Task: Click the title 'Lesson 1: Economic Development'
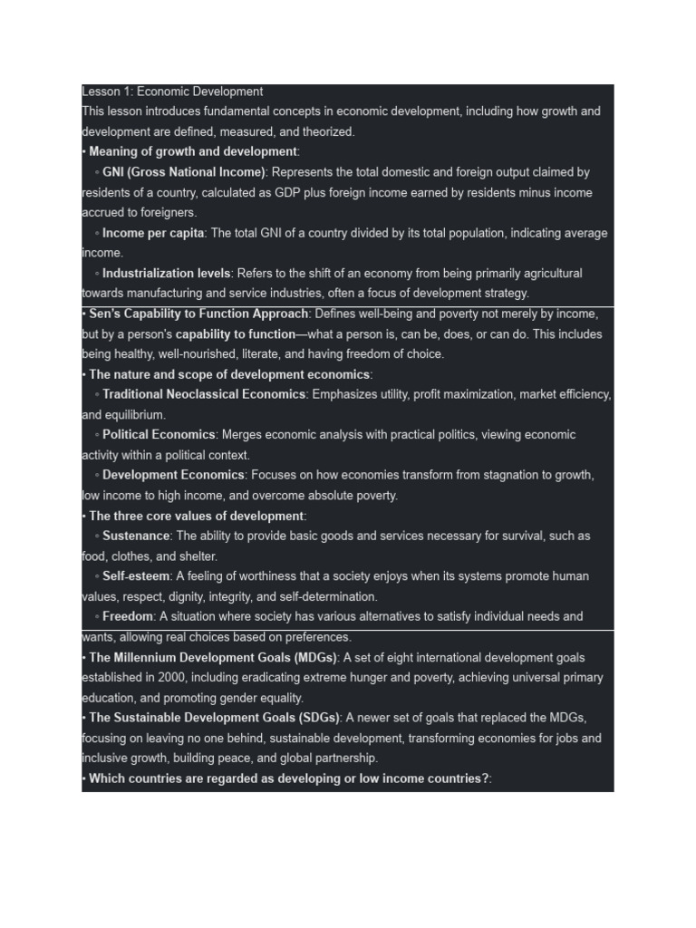(172, 92)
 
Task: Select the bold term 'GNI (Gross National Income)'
(184, 172)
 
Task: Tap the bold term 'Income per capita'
(154, 233)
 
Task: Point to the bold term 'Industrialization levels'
(167, 273)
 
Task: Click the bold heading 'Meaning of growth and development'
(193, 151)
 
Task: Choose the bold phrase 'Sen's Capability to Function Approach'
(198, 314)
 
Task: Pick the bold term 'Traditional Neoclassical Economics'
(204, 394)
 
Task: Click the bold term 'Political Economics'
(159, 435)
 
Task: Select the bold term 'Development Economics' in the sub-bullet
(173, 475)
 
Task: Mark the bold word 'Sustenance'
(136, 536)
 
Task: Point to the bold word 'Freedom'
(128, 616)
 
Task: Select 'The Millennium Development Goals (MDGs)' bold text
(212, 657)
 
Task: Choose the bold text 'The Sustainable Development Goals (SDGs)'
(214, 718)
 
